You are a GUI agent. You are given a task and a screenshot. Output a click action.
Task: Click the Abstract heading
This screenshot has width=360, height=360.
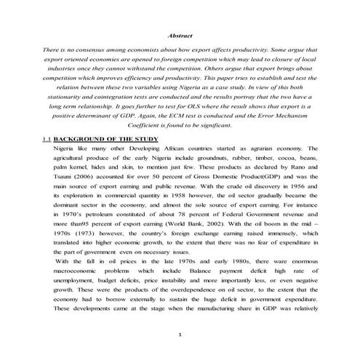point(179,34)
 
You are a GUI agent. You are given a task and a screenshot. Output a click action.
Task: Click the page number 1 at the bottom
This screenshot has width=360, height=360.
point(179,334)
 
